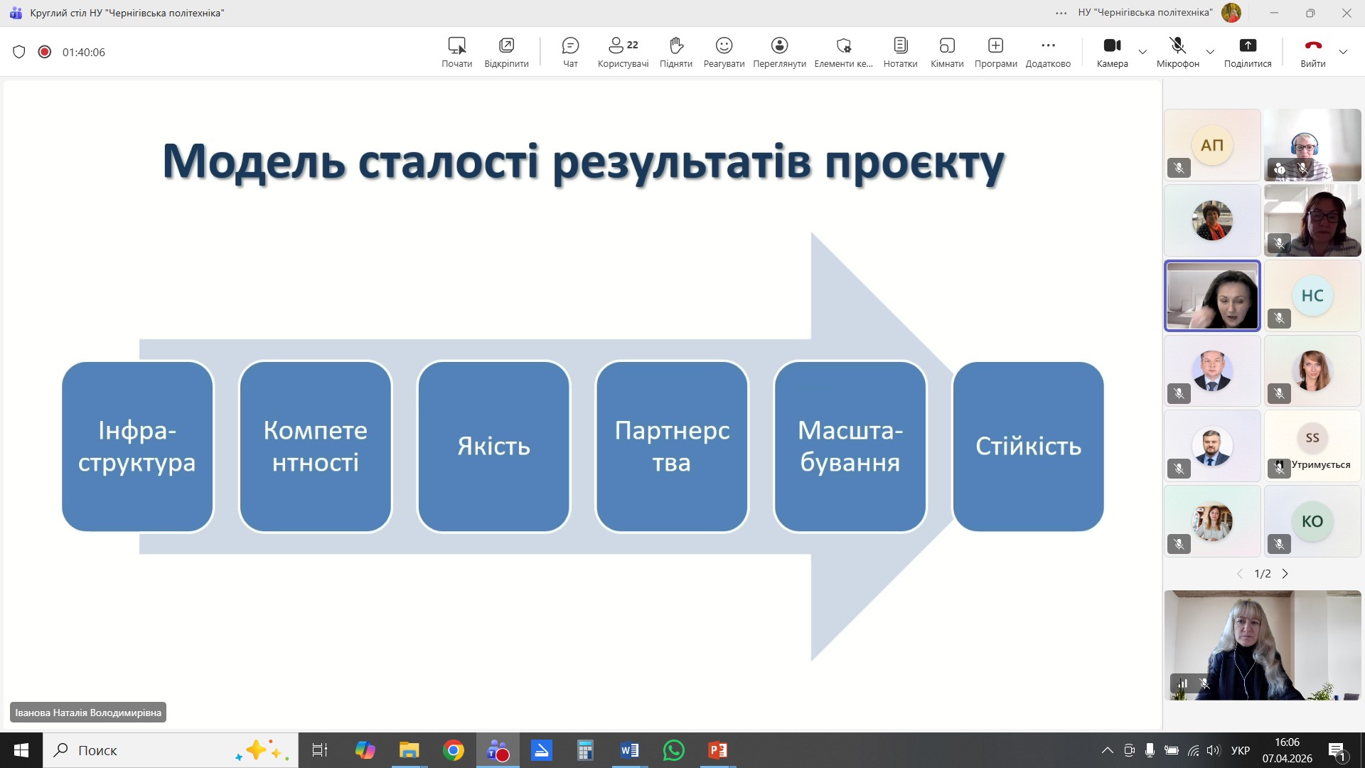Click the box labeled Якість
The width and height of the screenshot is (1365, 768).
[493, 446]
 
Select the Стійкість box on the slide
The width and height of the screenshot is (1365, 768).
[1028, 446]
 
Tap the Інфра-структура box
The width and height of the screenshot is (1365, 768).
[137, 446]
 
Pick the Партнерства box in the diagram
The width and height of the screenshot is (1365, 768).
[672, 446]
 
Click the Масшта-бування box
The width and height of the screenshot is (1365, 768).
[850, 446]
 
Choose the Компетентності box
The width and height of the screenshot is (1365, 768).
[316, 446]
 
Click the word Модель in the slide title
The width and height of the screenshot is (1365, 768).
[254, 161]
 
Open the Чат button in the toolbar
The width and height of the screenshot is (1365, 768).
[570, 46]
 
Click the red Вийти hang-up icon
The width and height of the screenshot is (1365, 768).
[1313, 46]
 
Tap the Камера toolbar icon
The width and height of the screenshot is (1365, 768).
[1112, 46]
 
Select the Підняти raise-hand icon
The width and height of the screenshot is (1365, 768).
[676, 46]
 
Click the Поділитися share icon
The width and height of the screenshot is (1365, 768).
[1248, 46]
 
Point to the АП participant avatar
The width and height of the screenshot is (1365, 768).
[1212, 145]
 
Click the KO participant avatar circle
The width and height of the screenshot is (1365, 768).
[1312, 521]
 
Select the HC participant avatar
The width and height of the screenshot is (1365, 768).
[1312, 296]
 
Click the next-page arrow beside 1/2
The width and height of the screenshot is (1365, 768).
[1285, 574]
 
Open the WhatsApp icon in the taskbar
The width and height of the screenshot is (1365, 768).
[673, 750]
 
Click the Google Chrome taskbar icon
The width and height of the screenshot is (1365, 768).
[454, 750]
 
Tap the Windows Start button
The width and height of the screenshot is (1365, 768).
[21, 750]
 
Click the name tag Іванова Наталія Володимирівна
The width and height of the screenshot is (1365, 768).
[88, 713]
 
